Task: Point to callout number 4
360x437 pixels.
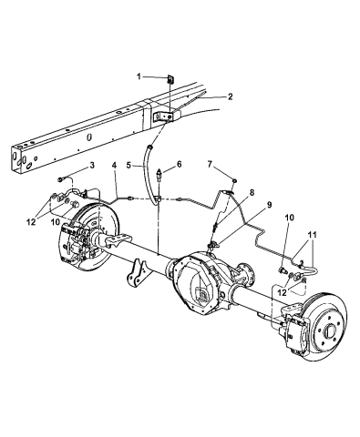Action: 115,165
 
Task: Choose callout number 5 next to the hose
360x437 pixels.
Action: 129,165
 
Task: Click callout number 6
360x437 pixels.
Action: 179,165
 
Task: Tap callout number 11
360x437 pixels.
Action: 314,237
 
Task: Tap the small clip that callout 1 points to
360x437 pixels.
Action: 170,79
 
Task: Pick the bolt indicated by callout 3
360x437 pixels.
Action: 62,179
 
